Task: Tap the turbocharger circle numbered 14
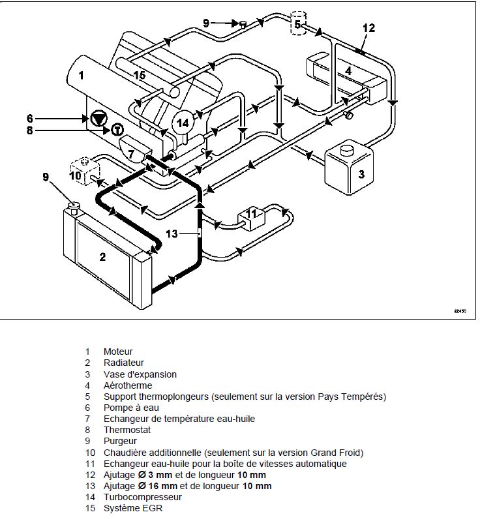pyautogui.click(x=184, y=122)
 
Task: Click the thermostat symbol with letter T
pyautogui.click(x=117, y=130)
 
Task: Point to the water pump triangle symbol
pyautogui.click(x=98, y=119)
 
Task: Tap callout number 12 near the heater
pyautogui.click(x=368, y=28)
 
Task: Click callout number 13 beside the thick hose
pyautogui.click(x=172, y=233)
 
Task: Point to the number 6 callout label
pyautogui.click(x=29, y=118)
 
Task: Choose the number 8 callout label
pyautogui.click(x=29, y=130)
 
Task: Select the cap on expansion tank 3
pyautogui.click(x=346, y=149)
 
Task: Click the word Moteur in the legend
pyautogui.click(x=117, y=352)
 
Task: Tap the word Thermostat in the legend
pyautogui.click(x=127, y=430)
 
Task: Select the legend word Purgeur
pyautogui.click(x=120, y=441)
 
